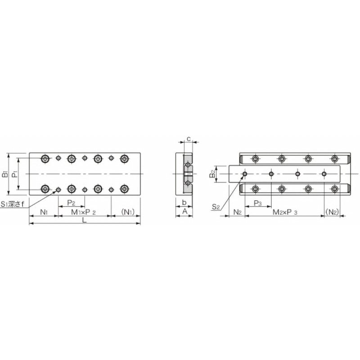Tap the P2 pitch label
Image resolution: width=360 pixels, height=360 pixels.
(71, 202)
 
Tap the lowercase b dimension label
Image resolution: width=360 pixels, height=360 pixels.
(184, 202)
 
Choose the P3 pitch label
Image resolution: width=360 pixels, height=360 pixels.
(257, 203)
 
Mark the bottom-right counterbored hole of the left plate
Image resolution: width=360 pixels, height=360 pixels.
(124, 189)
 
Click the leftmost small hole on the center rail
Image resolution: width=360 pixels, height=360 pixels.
(245, 174)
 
